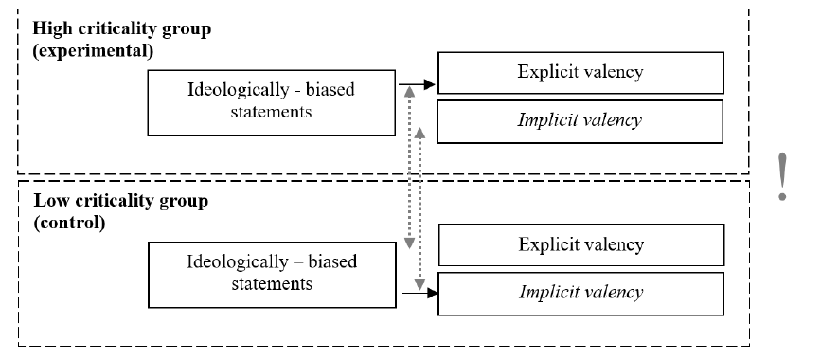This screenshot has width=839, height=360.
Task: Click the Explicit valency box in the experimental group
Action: click(x=580, y=73)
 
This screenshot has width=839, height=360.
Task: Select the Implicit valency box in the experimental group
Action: click(x=580, y=121)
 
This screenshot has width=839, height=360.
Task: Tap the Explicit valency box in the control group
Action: click(x=581, y=245)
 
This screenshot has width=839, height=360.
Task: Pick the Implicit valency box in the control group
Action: click(x=580, y=294)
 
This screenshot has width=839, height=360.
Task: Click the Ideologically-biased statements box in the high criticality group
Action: click(x=271, y=102)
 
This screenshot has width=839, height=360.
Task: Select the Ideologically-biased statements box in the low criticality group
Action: click(x=272, y=275)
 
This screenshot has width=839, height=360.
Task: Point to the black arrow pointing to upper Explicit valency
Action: click(x=417, y=84)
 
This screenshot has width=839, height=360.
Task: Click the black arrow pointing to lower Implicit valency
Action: click(x=419, y=293)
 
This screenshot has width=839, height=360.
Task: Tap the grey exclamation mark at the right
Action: click(x=782, y=176)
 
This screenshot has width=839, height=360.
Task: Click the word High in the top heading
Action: click(x=49, y=28)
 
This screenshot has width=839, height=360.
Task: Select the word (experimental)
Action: click(x=93, y=51)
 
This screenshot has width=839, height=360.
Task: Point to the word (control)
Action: click(x=69, y=223)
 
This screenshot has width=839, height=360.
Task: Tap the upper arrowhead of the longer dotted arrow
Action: click(x=409, y=91)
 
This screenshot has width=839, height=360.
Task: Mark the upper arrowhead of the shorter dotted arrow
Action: click(x=420, y=133)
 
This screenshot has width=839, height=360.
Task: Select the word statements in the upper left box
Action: click(x=271, y=112)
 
